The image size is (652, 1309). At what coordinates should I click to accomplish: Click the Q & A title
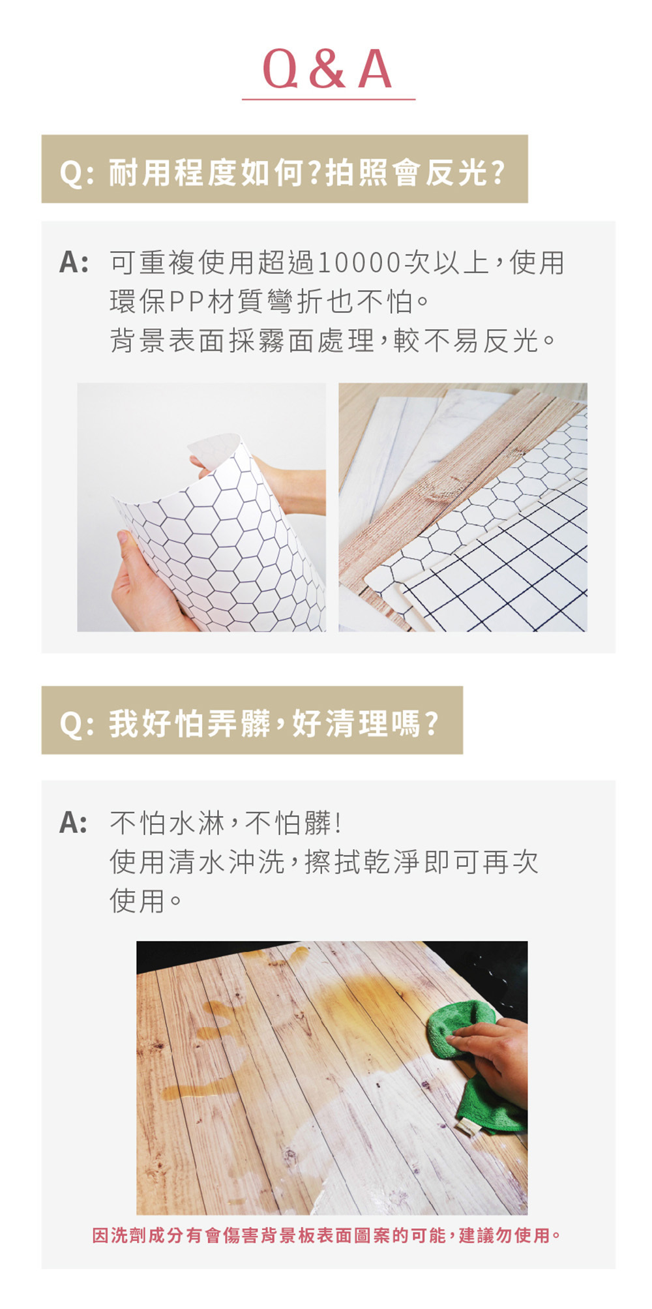point(327,69)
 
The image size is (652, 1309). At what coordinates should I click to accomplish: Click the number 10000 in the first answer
point(359,263)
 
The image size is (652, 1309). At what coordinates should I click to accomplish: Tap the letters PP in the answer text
point(187,301)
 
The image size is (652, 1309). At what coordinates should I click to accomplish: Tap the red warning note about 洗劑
point(326,1235)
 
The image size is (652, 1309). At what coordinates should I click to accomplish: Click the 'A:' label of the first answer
point(73,263)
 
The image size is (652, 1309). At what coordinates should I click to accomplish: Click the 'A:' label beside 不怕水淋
point(73,823)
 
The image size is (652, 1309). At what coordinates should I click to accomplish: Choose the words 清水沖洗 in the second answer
point(228,862)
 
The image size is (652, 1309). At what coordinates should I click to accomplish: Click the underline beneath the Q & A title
point(329,99)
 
